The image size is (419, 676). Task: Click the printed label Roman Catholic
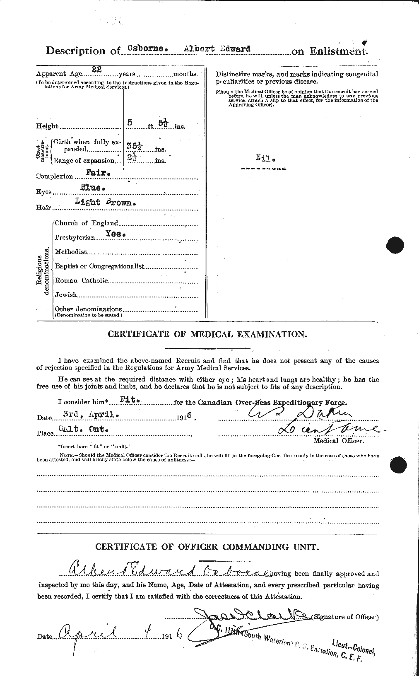coord(81,280)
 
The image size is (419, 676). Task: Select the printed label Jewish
coord(66,295)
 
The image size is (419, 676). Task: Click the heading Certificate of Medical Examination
coord(207,334)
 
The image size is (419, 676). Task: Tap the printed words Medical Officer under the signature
coord(338,441)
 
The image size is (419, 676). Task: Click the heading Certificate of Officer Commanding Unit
coord(207,547)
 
